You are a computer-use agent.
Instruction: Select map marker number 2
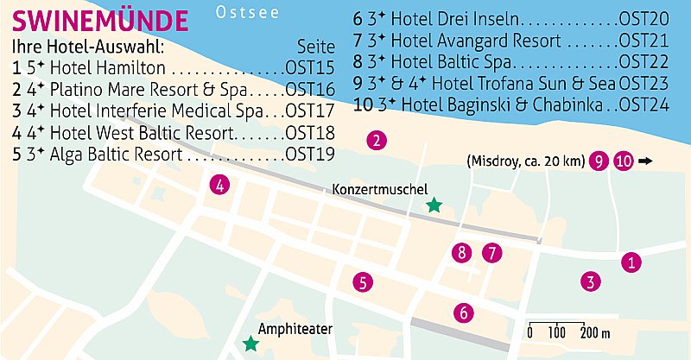pyautogui.click(x=375, y=141)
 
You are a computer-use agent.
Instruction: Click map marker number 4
pyautogui.click(x=221, y=184)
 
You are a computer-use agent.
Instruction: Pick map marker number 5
pyautogui.click(x=363, y=281)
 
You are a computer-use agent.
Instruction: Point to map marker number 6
pyautogui.click(x=463, y=313)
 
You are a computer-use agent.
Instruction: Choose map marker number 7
pyautogui.click(x=491, y=253)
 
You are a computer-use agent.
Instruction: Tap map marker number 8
pyautogui.click(x=462, y=253)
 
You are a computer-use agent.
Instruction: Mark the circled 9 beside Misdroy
pyautogui.click(x=597, y=161)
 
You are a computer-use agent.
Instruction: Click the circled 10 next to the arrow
pyautogui.click(x=624, y=161)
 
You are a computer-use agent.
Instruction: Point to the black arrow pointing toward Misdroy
pyautogui.click(x=646, y=161)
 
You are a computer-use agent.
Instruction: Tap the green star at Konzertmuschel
pyautogui.click(x=434, y=205)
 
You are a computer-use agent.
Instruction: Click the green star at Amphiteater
pyautogui.click(x=250, y=344)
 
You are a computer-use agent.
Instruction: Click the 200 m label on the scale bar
pyautogui.click(x=594, y=333)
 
